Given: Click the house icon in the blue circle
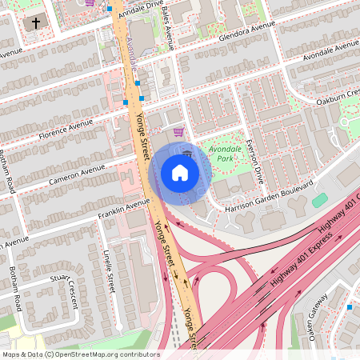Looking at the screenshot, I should coord(179,173).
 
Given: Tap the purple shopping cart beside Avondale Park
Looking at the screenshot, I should coord(178,132).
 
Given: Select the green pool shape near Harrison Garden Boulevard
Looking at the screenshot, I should coord(320,200).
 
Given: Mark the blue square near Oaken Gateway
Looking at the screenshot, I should coord(350,306).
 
